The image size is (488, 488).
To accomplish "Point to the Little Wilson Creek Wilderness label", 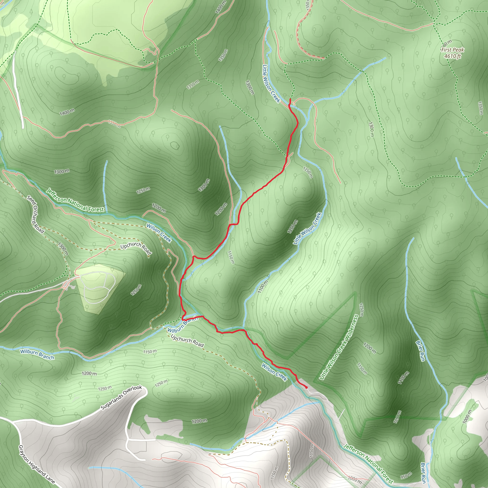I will coord(339,347).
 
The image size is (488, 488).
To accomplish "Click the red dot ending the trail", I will coord(306,387).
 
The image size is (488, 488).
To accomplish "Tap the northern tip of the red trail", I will coord(290,99).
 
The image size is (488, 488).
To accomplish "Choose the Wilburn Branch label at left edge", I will coord(37,354).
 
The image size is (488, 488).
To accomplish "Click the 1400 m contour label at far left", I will coord(67,112).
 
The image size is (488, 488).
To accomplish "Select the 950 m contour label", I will coord(406,476).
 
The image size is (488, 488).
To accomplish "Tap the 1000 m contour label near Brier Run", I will coord(467,417).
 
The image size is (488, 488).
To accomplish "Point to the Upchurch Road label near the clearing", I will coord(136,248).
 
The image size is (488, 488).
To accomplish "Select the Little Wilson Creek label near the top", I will coord(271,84).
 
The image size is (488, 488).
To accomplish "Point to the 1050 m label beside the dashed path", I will coord(312,450).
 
